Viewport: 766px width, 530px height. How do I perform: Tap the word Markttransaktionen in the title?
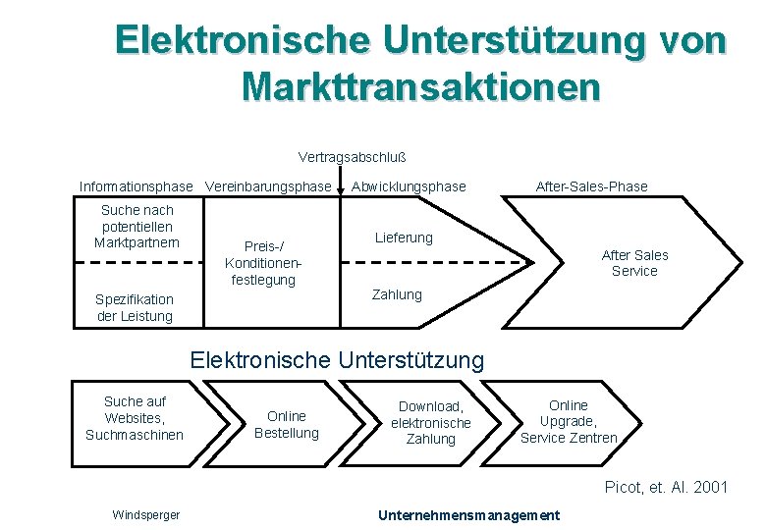(420, 86)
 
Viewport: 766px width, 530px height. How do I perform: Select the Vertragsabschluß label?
(353, 157)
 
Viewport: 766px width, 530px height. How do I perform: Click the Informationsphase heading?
(137, 186)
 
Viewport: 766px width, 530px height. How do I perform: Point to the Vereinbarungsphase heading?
(268, 186)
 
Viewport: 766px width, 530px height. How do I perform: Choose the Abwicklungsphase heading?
(409, 186)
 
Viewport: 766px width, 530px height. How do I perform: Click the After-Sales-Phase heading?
(591, 186)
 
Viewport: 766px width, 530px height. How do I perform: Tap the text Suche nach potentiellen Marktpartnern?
(137, 226)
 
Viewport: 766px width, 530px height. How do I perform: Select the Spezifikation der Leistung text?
(135, 307)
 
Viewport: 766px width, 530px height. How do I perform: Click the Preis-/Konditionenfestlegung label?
(262, 263)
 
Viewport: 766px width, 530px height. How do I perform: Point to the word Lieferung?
(404, 238)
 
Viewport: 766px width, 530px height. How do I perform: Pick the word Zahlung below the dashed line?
(397, 294)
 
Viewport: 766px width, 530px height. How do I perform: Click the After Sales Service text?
(634, 263)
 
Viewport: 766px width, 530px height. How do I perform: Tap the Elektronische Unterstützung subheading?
(337, 360)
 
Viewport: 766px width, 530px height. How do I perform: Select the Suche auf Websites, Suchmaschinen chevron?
(135, 417)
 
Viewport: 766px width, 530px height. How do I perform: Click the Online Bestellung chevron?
(287, 424)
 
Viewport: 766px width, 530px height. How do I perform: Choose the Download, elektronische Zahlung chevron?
(430, 423)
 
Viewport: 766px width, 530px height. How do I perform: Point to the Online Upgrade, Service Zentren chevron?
(570, 421)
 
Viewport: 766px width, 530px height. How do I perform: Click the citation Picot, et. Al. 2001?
(666, 487)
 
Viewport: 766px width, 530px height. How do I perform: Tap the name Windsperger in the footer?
(146, 515)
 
